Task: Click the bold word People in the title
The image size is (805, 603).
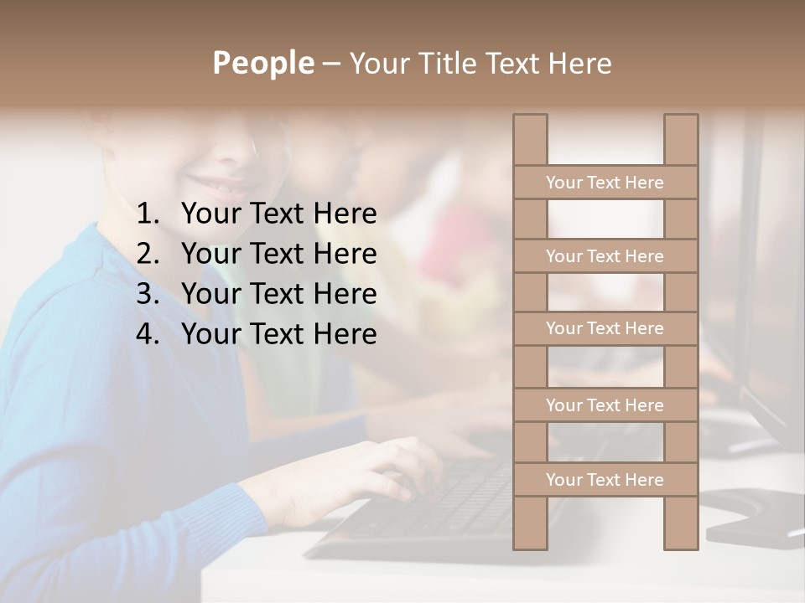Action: [262, 64]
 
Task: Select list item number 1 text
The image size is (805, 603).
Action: [278, 214]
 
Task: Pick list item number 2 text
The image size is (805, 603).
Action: [278, 254]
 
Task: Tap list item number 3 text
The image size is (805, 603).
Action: [278, 294]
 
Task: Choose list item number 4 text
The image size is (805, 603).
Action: [278, 334]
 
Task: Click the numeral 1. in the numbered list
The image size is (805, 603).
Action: [148, 214]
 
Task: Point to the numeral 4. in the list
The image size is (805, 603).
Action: [148, 334]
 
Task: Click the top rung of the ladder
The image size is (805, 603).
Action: [605, 183]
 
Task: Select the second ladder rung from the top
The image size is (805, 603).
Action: [605, 256]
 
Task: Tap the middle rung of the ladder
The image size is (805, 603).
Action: [605, 329]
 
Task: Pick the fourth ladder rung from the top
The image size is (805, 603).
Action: [605, 405]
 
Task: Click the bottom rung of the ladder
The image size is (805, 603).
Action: [605, 480]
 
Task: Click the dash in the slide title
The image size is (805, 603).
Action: [330, 64]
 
